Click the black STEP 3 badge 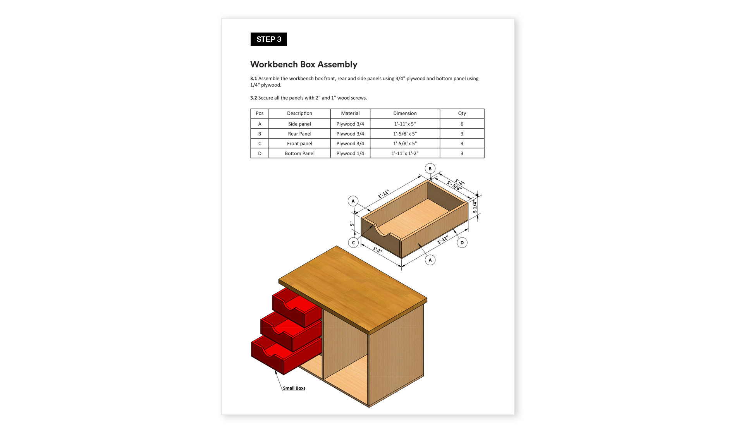(x=268, y=39)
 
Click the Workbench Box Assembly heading (x=304, y=64)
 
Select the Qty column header (x=462, y=113)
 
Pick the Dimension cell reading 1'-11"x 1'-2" (x=405, y=153)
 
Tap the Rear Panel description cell (x=299, y=134)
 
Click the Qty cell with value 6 (x=462, y=124)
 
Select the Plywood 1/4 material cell (x=350, y=153)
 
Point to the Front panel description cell (x=299, y=143)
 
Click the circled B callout (x=430, y=168)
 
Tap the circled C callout (x=353, y=243)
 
